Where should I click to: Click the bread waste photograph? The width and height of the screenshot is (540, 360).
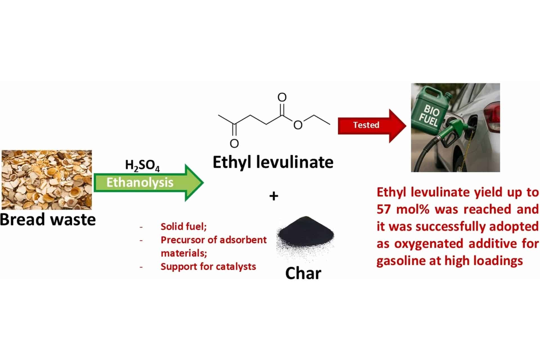(47, 180)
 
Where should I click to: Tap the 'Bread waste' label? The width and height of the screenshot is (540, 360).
(48, 220)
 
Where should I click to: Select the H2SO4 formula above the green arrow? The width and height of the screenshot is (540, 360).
(142, 166)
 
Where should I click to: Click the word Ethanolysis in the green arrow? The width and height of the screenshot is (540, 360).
(140, 183)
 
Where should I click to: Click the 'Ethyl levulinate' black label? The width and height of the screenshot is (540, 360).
(273, 162)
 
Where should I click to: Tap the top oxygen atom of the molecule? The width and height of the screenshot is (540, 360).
(282, 97)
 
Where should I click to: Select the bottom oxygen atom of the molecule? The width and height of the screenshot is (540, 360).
(234, 143)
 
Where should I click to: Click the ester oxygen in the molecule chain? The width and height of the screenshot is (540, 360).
(298, 125)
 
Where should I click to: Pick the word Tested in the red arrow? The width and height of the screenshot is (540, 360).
(366, 125)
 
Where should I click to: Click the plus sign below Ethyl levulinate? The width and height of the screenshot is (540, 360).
(274, 196)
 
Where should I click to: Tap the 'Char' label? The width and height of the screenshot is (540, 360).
(303, 273)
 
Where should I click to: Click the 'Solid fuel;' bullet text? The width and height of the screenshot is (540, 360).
(184, 226)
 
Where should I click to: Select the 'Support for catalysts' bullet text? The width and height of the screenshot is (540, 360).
(208, 266)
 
